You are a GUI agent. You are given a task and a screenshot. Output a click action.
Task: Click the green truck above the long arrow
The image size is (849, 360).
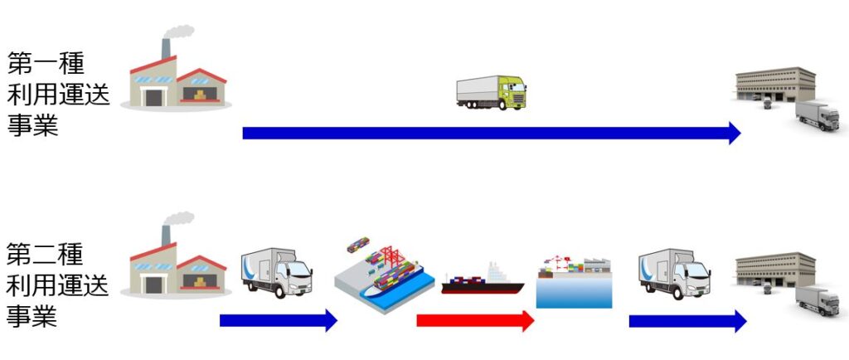[491, 92]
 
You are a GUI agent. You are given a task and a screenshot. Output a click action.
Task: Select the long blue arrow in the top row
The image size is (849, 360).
[489, 133]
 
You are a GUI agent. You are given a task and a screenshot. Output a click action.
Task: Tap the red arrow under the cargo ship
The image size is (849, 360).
[474, 320]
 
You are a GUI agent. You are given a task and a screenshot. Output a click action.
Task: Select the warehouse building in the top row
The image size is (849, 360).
[775, 90]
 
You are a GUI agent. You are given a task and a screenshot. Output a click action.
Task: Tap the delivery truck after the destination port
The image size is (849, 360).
[673, 274]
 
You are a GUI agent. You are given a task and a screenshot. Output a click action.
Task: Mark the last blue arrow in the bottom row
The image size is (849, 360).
[686, 320]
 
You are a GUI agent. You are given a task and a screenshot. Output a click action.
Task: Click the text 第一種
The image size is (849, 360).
[46, 63]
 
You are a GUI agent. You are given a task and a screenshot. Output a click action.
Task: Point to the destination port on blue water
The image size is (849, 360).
[574, 282]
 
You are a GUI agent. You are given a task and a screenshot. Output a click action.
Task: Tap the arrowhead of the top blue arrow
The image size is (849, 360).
[734, 133]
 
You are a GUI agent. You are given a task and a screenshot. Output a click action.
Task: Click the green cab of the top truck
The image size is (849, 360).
[512, 91]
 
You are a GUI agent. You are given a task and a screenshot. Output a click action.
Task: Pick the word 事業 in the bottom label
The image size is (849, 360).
[33, 317]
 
